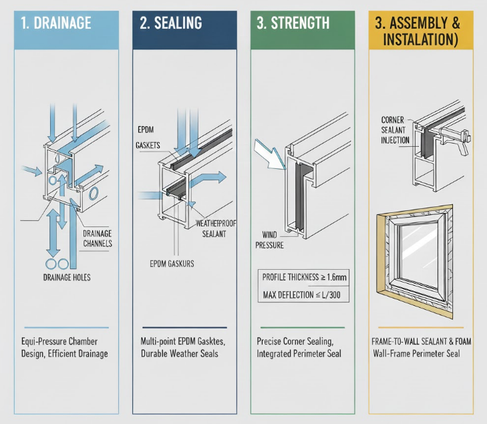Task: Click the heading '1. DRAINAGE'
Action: [x=56, y=23]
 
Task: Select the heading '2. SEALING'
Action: [x=171, y=23]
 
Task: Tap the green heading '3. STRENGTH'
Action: [x=293, y=23]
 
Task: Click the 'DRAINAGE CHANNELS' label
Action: [x=97, y=238]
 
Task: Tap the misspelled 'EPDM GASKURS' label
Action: [x=172, y=264]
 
